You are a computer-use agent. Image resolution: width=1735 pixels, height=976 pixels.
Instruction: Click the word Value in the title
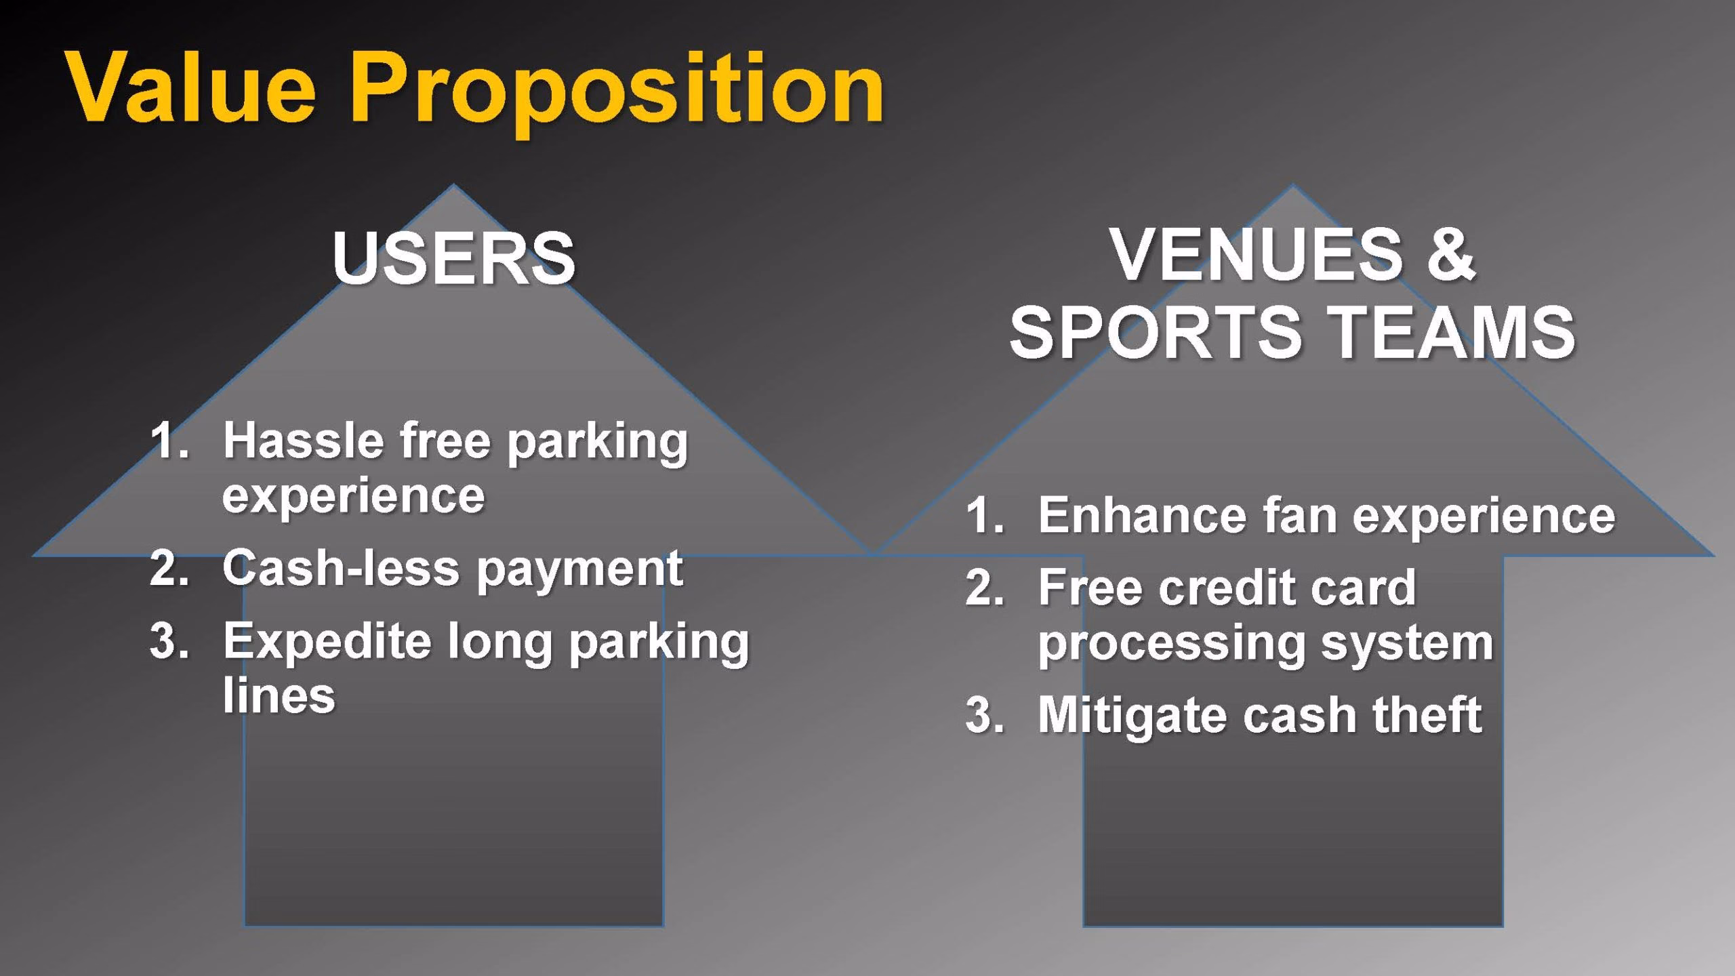click(192, 88)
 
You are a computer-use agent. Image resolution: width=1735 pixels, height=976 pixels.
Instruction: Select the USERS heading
click(453, 258)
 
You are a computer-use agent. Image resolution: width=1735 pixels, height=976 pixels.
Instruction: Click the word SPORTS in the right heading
click(1156, 331)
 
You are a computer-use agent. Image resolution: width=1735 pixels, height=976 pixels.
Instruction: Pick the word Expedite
click(327, 643)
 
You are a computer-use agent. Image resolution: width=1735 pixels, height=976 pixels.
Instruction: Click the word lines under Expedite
click(279, 695)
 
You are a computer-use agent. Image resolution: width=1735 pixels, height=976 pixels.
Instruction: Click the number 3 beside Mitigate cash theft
click(984, 715)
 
